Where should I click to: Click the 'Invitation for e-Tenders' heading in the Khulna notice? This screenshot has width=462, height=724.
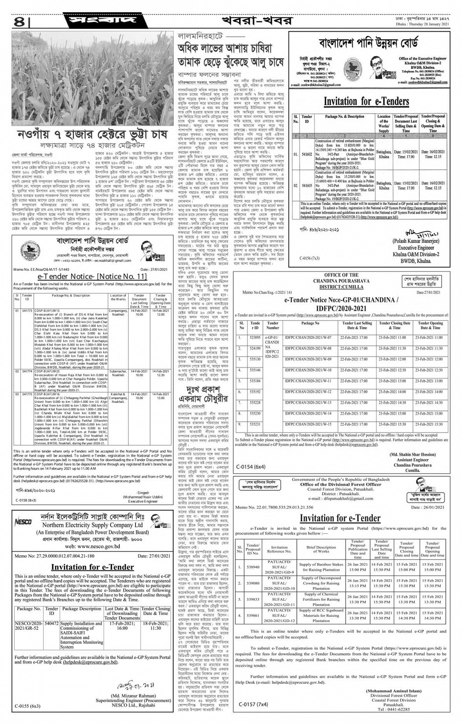tap(366, 101)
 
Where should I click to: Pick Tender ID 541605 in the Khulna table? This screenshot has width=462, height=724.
tap(307, 186)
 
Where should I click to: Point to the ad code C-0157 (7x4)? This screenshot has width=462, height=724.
tap(254, 704)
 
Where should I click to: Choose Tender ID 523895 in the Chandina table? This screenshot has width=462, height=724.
tap(255, 337)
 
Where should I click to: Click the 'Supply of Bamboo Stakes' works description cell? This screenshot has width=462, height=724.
tap(321, 567)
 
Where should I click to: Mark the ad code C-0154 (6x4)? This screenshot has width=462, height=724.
tap(252, 467)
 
